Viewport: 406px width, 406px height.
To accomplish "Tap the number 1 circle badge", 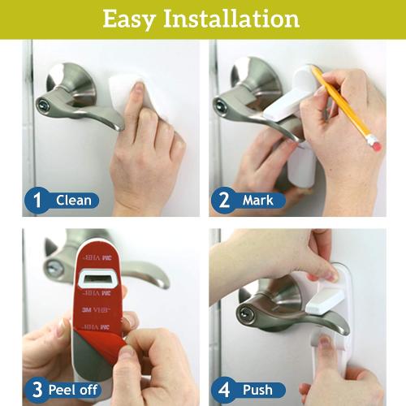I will point(36,199).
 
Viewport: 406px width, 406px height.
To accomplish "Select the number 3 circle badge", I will point(36,388).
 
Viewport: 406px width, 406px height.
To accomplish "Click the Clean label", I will point(72,200).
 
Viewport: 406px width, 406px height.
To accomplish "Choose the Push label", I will point(257,389).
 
